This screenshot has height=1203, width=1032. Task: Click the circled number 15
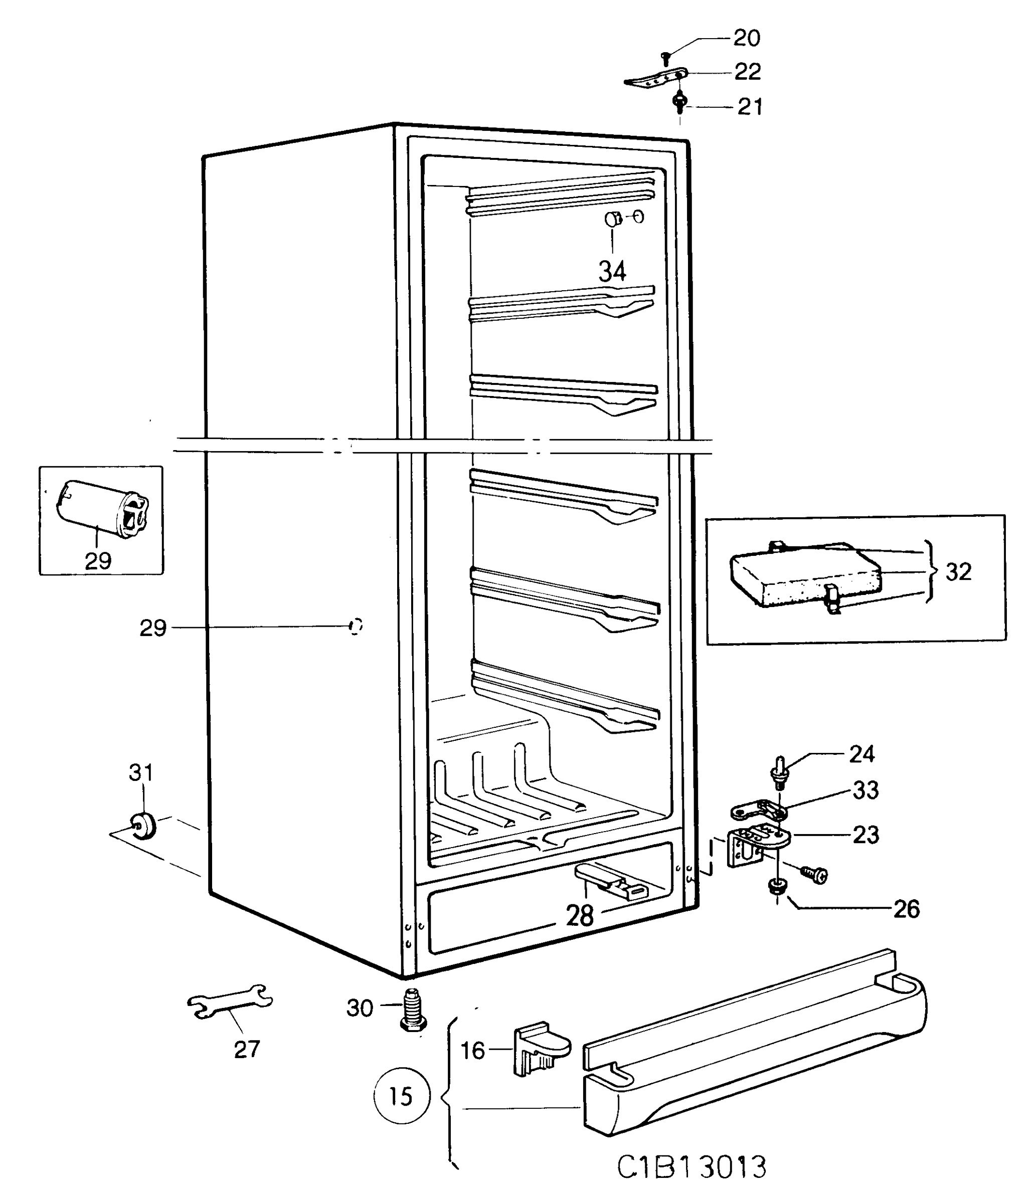401,1096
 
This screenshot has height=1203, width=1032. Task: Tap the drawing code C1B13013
691,1167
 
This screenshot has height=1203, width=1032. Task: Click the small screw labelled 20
667,57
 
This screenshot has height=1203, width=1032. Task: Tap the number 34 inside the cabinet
612,271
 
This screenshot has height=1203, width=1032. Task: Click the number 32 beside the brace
958,572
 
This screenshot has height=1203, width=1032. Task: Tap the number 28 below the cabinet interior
580,916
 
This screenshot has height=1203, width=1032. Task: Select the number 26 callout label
906,909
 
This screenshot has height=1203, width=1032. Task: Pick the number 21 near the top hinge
749,107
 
